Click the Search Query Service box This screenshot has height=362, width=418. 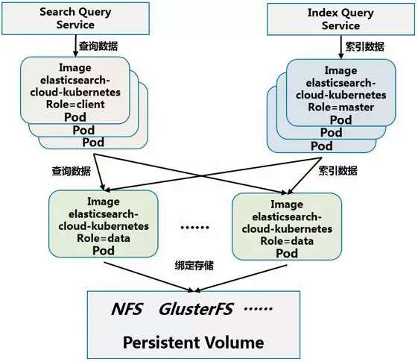point(75,19)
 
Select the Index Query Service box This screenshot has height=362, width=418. point(341,19)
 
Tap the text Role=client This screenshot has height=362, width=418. point(75,104)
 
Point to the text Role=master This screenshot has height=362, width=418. point(341,107)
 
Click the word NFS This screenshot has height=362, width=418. point(127,309)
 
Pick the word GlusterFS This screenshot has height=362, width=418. point(196,309)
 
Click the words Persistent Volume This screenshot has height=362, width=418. point(194,343)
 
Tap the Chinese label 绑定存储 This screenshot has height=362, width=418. point(194,266)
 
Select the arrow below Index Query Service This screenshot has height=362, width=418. point(341,47)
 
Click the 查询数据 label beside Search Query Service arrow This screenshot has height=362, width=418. point(98,46)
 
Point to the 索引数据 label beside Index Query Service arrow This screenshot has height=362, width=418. point(364,47)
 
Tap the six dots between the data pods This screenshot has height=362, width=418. point(194,228)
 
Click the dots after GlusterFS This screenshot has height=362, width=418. point(258,308)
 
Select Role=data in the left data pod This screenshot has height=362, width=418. point(104,238)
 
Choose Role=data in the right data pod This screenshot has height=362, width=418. point(287,241)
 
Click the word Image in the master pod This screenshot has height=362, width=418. point(341,71)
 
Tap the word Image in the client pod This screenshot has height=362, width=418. point(75,68)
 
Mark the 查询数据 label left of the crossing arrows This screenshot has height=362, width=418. point(72,171)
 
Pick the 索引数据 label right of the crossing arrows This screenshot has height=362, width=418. point(338,171)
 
